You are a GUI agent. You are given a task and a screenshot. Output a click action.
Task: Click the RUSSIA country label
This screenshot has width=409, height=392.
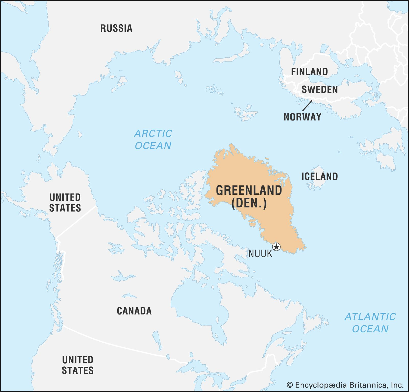(116, 28)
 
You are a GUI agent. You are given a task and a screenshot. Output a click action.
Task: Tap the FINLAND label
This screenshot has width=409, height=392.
(309, 72)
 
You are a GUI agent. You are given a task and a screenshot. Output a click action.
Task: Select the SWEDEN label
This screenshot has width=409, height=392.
(320, 90)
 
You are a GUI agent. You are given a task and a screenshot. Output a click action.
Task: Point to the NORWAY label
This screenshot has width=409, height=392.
(302, 117)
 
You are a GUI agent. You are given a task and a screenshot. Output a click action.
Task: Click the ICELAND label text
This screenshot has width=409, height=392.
(320, 176)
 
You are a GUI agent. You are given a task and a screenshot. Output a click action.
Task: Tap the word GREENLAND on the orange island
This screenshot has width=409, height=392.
(249, 190)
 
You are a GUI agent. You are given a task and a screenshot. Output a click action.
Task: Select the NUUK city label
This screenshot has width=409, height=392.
(260, 254)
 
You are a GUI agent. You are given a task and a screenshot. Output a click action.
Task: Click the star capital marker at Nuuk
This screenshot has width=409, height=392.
(276, 247)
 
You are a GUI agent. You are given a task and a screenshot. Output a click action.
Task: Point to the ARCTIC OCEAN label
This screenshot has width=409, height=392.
(153, 139)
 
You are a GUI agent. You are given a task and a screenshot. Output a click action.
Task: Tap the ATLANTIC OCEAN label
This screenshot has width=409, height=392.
(370, 323)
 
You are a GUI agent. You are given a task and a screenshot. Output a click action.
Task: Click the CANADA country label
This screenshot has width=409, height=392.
(134, 311)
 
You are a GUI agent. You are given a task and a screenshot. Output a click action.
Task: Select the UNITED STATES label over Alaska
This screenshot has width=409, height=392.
(65, 203)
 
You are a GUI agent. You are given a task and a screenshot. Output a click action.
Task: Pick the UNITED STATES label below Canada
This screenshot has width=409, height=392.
(78, 365)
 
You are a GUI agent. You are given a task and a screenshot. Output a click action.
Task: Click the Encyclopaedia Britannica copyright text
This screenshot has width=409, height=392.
(345, 385)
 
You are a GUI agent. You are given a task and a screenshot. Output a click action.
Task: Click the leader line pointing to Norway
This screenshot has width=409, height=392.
(307, 106)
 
